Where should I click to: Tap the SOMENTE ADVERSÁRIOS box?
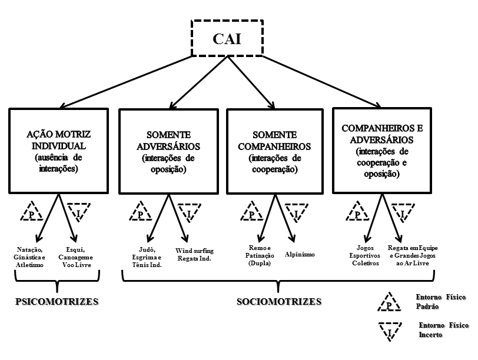[169, 151]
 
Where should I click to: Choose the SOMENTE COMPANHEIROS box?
[276, 151]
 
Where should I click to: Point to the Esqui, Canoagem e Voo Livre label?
[82, 256]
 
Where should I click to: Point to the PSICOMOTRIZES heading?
[56, 302]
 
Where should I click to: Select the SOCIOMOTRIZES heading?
[279, 302]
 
